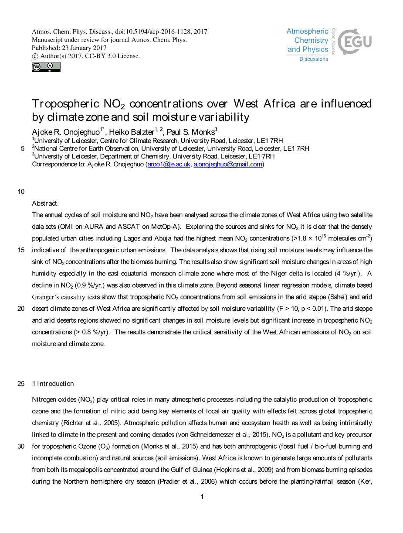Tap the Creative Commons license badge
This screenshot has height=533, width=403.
(46, 67)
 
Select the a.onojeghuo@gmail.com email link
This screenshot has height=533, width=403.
(228, 165)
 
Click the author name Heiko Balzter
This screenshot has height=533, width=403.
(131, 132)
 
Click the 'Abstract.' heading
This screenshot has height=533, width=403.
(45, 203)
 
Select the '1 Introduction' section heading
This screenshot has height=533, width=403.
(53, 384)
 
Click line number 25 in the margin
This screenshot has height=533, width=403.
(21, 384)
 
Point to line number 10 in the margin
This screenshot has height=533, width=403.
(21, 192)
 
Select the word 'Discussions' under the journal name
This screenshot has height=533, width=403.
(314, 59)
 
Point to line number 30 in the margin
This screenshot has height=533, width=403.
(21, 447)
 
